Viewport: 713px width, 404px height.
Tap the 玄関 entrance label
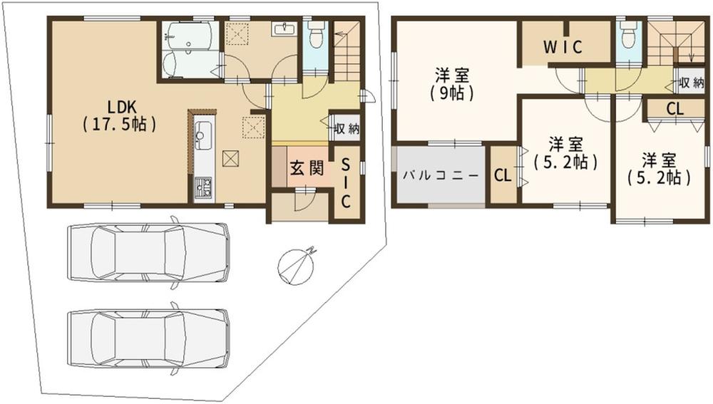[307, 168]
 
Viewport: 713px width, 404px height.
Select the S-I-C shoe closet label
[346, 182]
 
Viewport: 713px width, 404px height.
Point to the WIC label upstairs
[563, 47]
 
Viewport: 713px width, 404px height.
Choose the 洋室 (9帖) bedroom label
[453, 84]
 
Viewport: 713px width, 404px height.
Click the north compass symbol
[297, 266]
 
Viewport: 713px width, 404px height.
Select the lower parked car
[148, 338]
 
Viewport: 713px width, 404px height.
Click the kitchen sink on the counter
[202, 135]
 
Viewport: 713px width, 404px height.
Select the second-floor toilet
[628, 33]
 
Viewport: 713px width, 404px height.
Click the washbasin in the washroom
[285, 29]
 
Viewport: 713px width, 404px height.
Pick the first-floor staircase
[347, 51]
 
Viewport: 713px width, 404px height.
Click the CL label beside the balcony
[503, 175]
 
